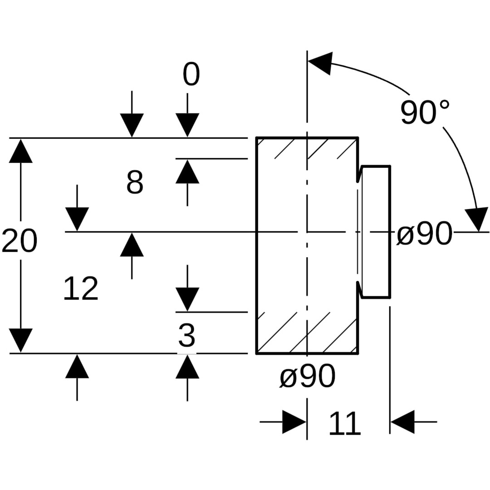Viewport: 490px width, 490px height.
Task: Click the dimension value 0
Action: pos(191,74)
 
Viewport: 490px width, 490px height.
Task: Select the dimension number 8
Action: pos(135,183)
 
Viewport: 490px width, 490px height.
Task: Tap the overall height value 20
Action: pos(19,241)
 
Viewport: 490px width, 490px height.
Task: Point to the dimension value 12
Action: pos(81,289)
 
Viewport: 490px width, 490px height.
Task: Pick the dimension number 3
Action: pos(186,336)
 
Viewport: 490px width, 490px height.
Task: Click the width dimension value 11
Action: pos(344,424)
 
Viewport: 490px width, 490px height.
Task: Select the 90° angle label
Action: pos(425,112)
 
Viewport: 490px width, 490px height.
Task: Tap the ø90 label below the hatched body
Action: pos(308,376)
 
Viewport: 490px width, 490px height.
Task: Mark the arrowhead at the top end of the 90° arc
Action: pos(320,63)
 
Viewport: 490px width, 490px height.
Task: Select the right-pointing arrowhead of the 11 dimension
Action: pos(294,422)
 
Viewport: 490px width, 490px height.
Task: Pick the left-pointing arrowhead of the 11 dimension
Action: pos(402,422)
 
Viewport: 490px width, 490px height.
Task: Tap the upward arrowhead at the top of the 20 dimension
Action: pos(21,151)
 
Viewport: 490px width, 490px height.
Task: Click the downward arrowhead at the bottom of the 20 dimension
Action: pos(21,340)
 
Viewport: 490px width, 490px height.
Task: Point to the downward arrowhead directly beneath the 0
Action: pos(187,125)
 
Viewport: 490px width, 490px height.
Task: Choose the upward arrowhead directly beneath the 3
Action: pos(187,367)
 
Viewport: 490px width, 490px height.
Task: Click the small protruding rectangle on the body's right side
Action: pos(376,232)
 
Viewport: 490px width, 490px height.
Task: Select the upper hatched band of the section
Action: pos(307,148)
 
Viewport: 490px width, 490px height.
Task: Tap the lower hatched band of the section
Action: pos(307,333)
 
